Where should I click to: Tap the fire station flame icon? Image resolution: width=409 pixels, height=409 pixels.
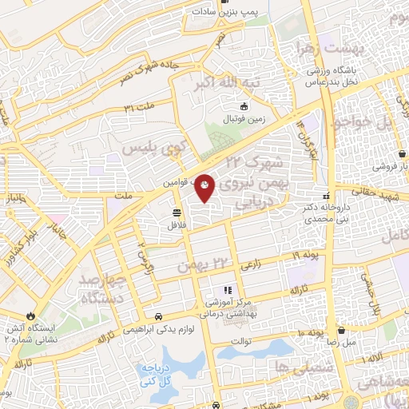click(31, 316)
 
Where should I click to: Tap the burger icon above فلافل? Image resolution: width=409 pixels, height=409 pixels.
click(175, 212)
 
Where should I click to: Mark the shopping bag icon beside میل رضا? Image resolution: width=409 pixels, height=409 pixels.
click(341, 328)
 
